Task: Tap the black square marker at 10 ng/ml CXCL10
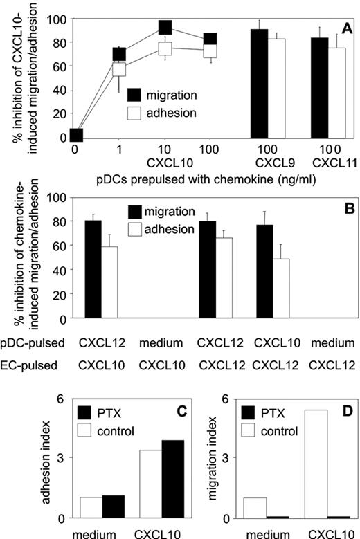tap(165, 28)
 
